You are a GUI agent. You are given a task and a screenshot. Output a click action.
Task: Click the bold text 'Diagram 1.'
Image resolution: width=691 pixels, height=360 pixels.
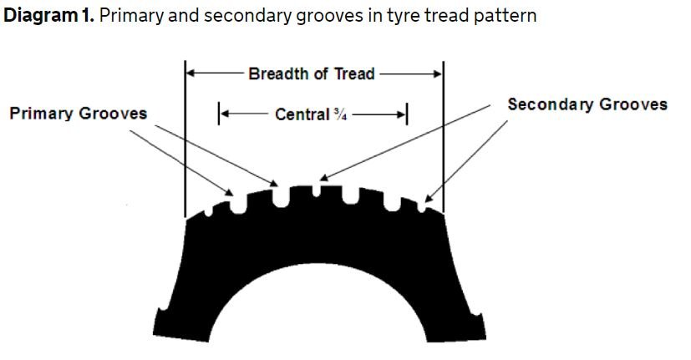pyautogui.click(x=48, y=15)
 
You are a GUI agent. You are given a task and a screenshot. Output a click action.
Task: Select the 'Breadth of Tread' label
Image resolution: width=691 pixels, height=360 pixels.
pyautogui.click(x=312, y=74)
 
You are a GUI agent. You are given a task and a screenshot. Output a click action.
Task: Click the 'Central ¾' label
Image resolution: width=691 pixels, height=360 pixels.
pyautogui.click(x=311, y=114)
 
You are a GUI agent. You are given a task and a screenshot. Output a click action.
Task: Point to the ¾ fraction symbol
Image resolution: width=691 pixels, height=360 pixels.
pyautogui.click(x=340, y=114)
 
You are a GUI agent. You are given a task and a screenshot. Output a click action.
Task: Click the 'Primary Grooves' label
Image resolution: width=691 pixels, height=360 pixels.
pyautogui.click(x=78, y=114)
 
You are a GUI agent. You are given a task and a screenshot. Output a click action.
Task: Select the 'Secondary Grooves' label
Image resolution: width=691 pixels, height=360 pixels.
pyautogui.click(x=587, y=104)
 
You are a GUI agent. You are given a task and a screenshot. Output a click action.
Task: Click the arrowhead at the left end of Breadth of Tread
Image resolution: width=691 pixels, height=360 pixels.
pyautogui.click(x=191, y=74)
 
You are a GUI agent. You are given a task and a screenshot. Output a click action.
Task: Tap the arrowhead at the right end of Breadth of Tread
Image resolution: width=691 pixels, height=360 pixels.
pyautogui.click(x=438, y=74)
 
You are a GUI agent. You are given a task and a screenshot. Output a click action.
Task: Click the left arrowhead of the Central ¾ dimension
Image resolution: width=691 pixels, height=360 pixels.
pyautogui.click(x=224, y=114)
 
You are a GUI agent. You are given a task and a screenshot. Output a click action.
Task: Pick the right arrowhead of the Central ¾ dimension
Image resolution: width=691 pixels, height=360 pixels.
pyautogui.click(x=401, y=114)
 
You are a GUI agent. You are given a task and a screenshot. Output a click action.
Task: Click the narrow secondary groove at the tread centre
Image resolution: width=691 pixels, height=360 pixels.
pyautogui.click(x=317, y=190)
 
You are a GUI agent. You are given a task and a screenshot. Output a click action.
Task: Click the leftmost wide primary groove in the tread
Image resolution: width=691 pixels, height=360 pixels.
pyautogui.click(x=238, y=205)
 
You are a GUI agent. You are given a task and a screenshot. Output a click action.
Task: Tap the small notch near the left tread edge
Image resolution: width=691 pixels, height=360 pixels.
pyautogui.click(x=208, y=212)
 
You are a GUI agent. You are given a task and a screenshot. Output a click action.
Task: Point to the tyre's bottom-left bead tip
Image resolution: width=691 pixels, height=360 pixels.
pyautogui.click(x=155, y=332)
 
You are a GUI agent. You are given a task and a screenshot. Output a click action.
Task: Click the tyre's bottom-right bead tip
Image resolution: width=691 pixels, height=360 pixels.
pyautogui.click(x=484, y=335)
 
